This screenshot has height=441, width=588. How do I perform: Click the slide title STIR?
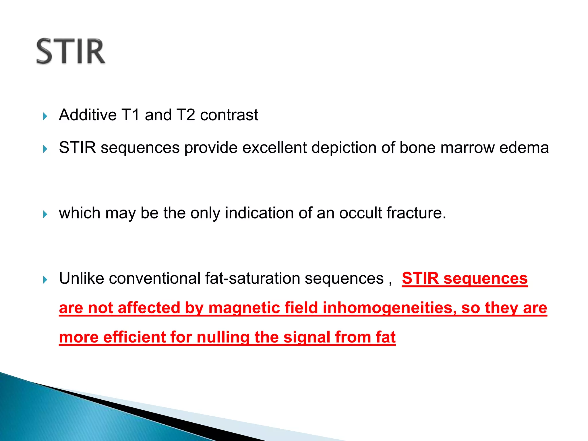click(71, 52)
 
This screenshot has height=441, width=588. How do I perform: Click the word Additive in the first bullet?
click(88, 115)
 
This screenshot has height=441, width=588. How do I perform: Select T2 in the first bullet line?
click(185, 115)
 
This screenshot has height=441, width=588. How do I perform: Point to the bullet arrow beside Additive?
click(45, 116)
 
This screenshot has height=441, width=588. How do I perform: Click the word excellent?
click(274, 148)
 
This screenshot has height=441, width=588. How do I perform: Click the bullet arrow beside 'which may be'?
click(45, 214)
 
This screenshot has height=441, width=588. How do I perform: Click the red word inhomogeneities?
click(390, 308)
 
